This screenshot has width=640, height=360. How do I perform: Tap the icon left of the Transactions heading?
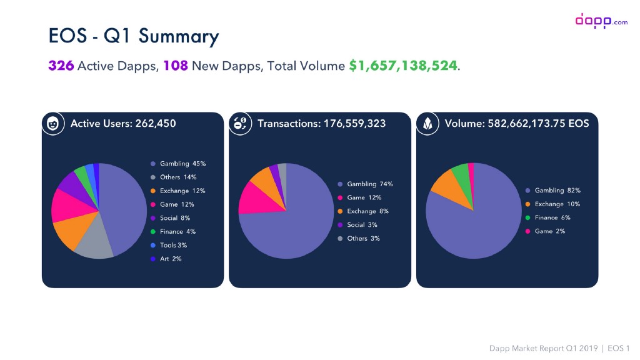240,124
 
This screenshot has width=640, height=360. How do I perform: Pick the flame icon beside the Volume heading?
427,124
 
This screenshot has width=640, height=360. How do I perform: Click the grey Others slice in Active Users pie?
92,243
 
